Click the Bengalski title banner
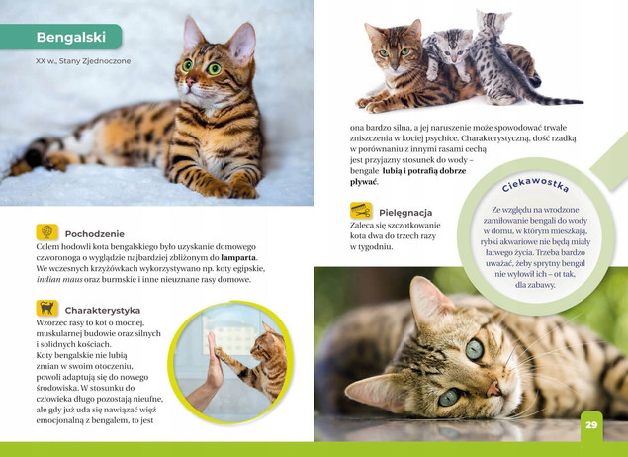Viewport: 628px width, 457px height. pyautogui.click(x=61, y=37)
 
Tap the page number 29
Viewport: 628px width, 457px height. pyautogui.click(x=591, y=425)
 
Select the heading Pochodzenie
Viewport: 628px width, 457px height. pyautogui.click(x=95, y=233)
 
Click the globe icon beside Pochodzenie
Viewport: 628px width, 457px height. pyautogui.click(x=46, y=231)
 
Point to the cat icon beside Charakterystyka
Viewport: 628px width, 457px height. pyautogui.click(x=46, y=308)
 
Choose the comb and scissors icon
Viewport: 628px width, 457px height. pyautogui.click(x=361, y=211)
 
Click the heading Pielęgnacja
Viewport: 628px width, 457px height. pyautogui.click(x=405, y=213)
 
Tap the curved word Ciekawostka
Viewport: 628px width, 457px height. pyautogui.click(x=535, y=184)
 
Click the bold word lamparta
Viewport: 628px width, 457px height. pyautogui.click(x=238, y=257)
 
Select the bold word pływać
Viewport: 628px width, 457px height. pyautogui.click(x=364, y=182)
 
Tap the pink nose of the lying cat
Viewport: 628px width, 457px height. pyautogui.click(x=493, y=389)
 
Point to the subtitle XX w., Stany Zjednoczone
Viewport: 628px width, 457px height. pyautogui.click(x=83, y=61)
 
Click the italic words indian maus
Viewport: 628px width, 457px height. pyautogui.click(x=59, y=279)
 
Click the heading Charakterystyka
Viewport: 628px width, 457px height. pyautogui.click(x=103, y=310)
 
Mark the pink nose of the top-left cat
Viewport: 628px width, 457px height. pyautogui.click(x=190, y=82)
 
